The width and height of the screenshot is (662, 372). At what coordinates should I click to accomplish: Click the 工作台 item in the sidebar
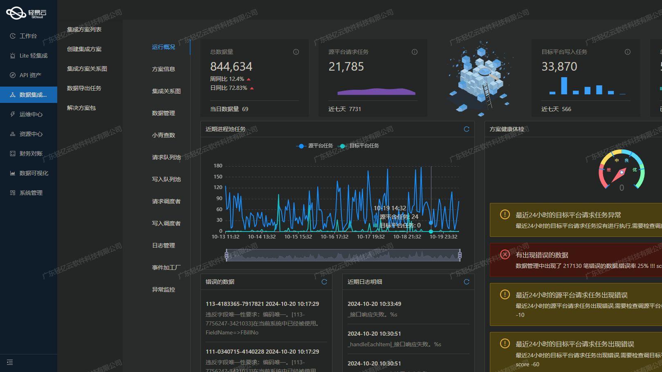click(x=28, y=36)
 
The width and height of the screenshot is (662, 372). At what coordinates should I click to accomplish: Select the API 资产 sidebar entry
click(x=30, y=75)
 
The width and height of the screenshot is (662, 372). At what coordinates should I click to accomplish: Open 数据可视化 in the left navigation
click(x=34, y=173)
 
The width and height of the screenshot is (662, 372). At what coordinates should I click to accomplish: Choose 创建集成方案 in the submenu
click(x=84, y=49)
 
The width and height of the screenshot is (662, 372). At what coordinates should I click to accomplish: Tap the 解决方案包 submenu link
click(x=81, y=108)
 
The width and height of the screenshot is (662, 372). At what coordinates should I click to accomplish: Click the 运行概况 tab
click(x=164, y=47)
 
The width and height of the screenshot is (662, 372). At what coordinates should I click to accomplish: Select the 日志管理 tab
click(x=164, y=245)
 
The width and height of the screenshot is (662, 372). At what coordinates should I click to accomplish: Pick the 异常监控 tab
click(x=164, y=290)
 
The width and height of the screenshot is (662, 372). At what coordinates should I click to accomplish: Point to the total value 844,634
click(x=231, y=67)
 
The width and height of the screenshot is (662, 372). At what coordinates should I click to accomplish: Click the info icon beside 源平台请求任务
click(x=415, y=52)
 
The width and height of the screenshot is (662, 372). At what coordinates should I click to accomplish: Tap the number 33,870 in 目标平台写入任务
click(x=559, y=67)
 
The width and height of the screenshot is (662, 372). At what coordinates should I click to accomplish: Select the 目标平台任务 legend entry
click(x=359, y=146)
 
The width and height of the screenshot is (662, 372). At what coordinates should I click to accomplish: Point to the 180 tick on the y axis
click(x=218, y=166)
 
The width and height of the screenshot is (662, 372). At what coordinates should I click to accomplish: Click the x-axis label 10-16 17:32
click(x=334, y=236)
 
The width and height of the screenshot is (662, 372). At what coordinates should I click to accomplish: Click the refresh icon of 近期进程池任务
click(x=467, y=129)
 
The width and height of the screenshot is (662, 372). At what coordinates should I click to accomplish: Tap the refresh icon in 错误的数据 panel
click(x=324, y=282)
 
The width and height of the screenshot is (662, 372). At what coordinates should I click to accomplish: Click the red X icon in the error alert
click(x=505, y=254)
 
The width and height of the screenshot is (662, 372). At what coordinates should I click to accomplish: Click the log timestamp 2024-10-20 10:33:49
click(x=374, y=304)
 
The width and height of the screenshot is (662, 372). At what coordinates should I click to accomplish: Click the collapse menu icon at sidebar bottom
click(x=10, y=362)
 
